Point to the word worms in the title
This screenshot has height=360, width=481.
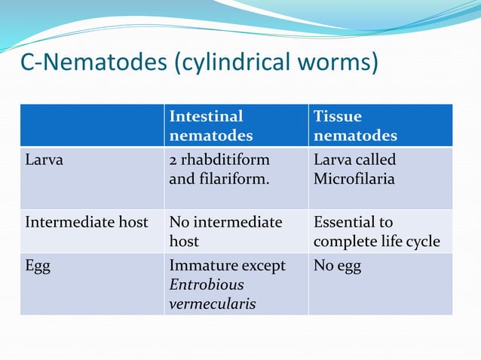coord(340,63)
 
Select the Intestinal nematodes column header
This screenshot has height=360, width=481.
coord(210,126)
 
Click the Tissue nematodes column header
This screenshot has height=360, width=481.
coord(355,126)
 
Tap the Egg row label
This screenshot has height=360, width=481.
coord(38,267)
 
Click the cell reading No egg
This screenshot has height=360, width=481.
coord(337,267)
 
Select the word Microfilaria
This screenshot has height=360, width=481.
coord(354,180)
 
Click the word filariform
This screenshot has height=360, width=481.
coord(228,180)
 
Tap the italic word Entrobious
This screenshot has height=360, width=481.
coord(207,285)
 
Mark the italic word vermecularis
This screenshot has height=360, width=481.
coord(212,304)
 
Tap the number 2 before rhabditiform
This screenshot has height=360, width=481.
coord(173,160)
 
